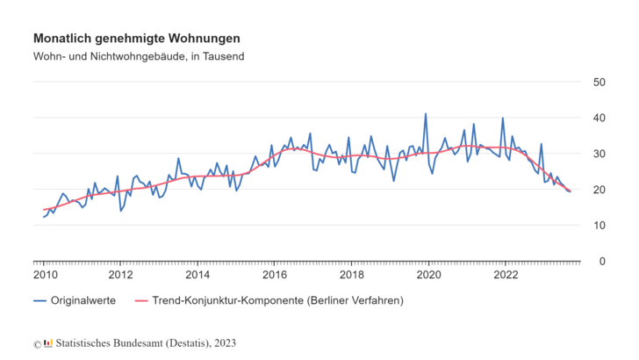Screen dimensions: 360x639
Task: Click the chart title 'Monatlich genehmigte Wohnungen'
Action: tap(137, 39)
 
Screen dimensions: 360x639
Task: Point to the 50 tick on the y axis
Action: tap(600, 82)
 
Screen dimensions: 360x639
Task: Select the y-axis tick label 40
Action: tap(600, 118)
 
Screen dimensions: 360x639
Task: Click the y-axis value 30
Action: tap(600, 154)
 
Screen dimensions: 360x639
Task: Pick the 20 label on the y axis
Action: tap(600, 190)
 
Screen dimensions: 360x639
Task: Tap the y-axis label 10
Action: tap(600, 226)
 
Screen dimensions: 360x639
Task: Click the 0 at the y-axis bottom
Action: tap(604, 262)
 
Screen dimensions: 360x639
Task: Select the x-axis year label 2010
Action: tap(44, 274)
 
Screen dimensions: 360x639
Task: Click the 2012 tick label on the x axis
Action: tap(120, 274)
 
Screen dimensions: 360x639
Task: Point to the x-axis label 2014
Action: tap(197, 274)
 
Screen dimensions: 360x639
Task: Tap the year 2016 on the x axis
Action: tap(274, 274)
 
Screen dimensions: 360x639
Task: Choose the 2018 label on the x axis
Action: tap(351, 274)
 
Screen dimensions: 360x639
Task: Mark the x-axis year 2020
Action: tap(428, 274)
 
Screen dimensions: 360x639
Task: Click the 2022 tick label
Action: tap(505, 274)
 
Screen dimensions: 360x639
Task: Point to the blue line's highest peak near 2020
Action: tap(426, 114)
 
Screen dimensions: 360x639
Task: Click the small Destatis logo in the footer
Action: tap(48, 342)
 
